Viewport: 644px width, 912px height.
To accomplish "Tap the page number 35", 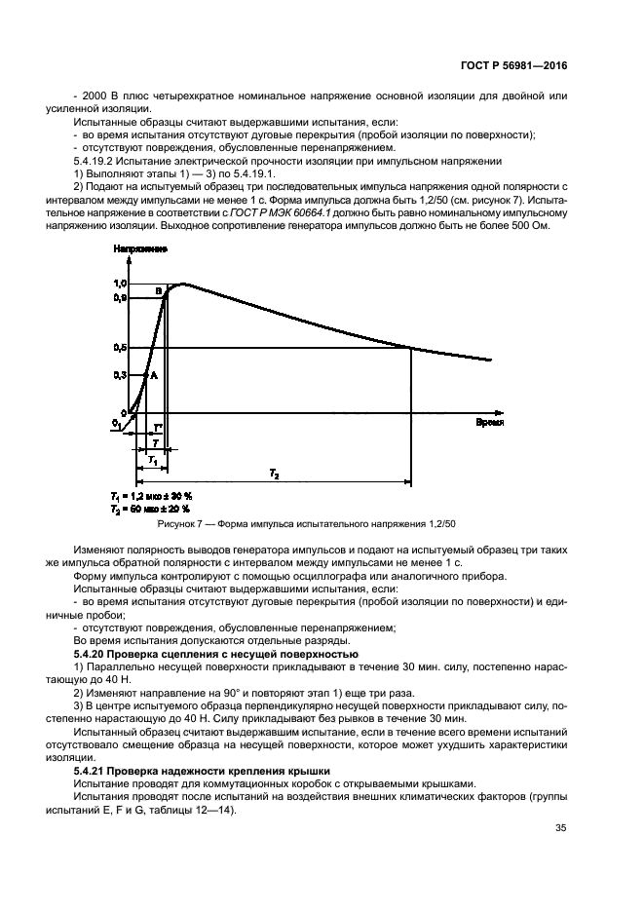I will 560,829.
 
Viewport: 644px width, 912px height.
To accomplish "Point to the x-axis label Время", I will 490,425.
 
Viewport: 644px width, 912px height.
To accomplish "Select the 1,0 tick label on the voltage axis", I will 121,284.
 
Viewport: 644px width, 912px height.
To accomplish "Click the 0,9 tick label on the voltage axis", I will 121,296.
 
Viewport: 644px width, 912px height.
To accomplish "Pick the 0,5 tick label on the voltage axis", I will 121,347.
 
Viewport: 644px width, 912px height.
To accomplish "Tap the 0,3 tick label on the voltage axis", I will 121,374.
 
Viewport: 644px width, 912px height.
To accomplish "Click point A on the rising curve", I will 154,375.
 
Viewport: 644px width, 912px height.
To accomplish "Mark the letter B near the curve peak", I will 159,290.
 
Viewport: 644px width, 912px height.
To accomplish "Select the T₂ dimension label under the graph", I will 274,474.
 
